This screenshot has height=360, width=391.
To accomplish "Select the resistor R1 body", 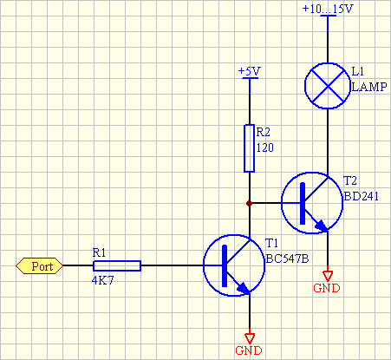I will click(117, 265).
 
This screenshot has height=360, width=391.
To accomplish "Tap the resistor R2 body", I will click(249, 149).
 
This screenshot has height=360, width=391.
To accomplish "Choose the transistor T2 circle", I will click(310, 203).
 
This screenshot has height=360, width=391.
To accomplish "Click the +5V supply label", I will click(249, 70).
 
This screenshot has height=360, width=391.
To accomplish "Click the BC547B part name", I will click(287, 258).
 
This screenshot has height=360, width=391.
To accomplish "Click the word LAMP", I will click(368, 88).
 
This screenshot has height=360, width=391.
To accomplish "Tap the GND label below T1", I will click(249, 351).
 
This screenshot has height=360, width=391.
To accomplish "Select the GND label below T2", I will click(327, 288).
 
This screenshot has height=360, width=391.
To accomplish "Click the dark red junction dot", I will click(249, 203).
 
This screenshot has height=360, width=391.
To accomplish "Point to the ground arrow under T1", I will click(249, 337).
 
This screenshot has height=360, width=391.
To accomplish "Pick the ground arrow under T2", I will click(327, 273).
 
